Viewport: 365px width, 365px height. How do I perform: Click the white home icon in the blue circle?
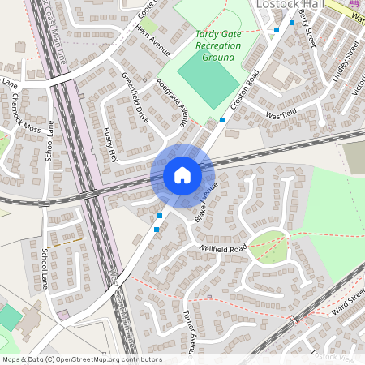point(182,174)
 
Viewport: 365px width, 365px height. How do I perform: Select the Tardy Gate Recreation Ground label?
point(218,46)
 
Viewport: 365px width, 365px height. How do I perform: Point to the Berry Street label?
point(306,25)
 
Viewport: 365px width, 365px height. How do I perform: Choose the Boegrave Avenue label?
point(171,105)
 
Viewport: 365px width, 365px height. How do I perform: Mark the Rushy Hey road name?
point(110,144)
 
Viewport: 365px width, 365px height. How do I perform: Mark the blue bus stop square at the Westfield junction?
point(222,119)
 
